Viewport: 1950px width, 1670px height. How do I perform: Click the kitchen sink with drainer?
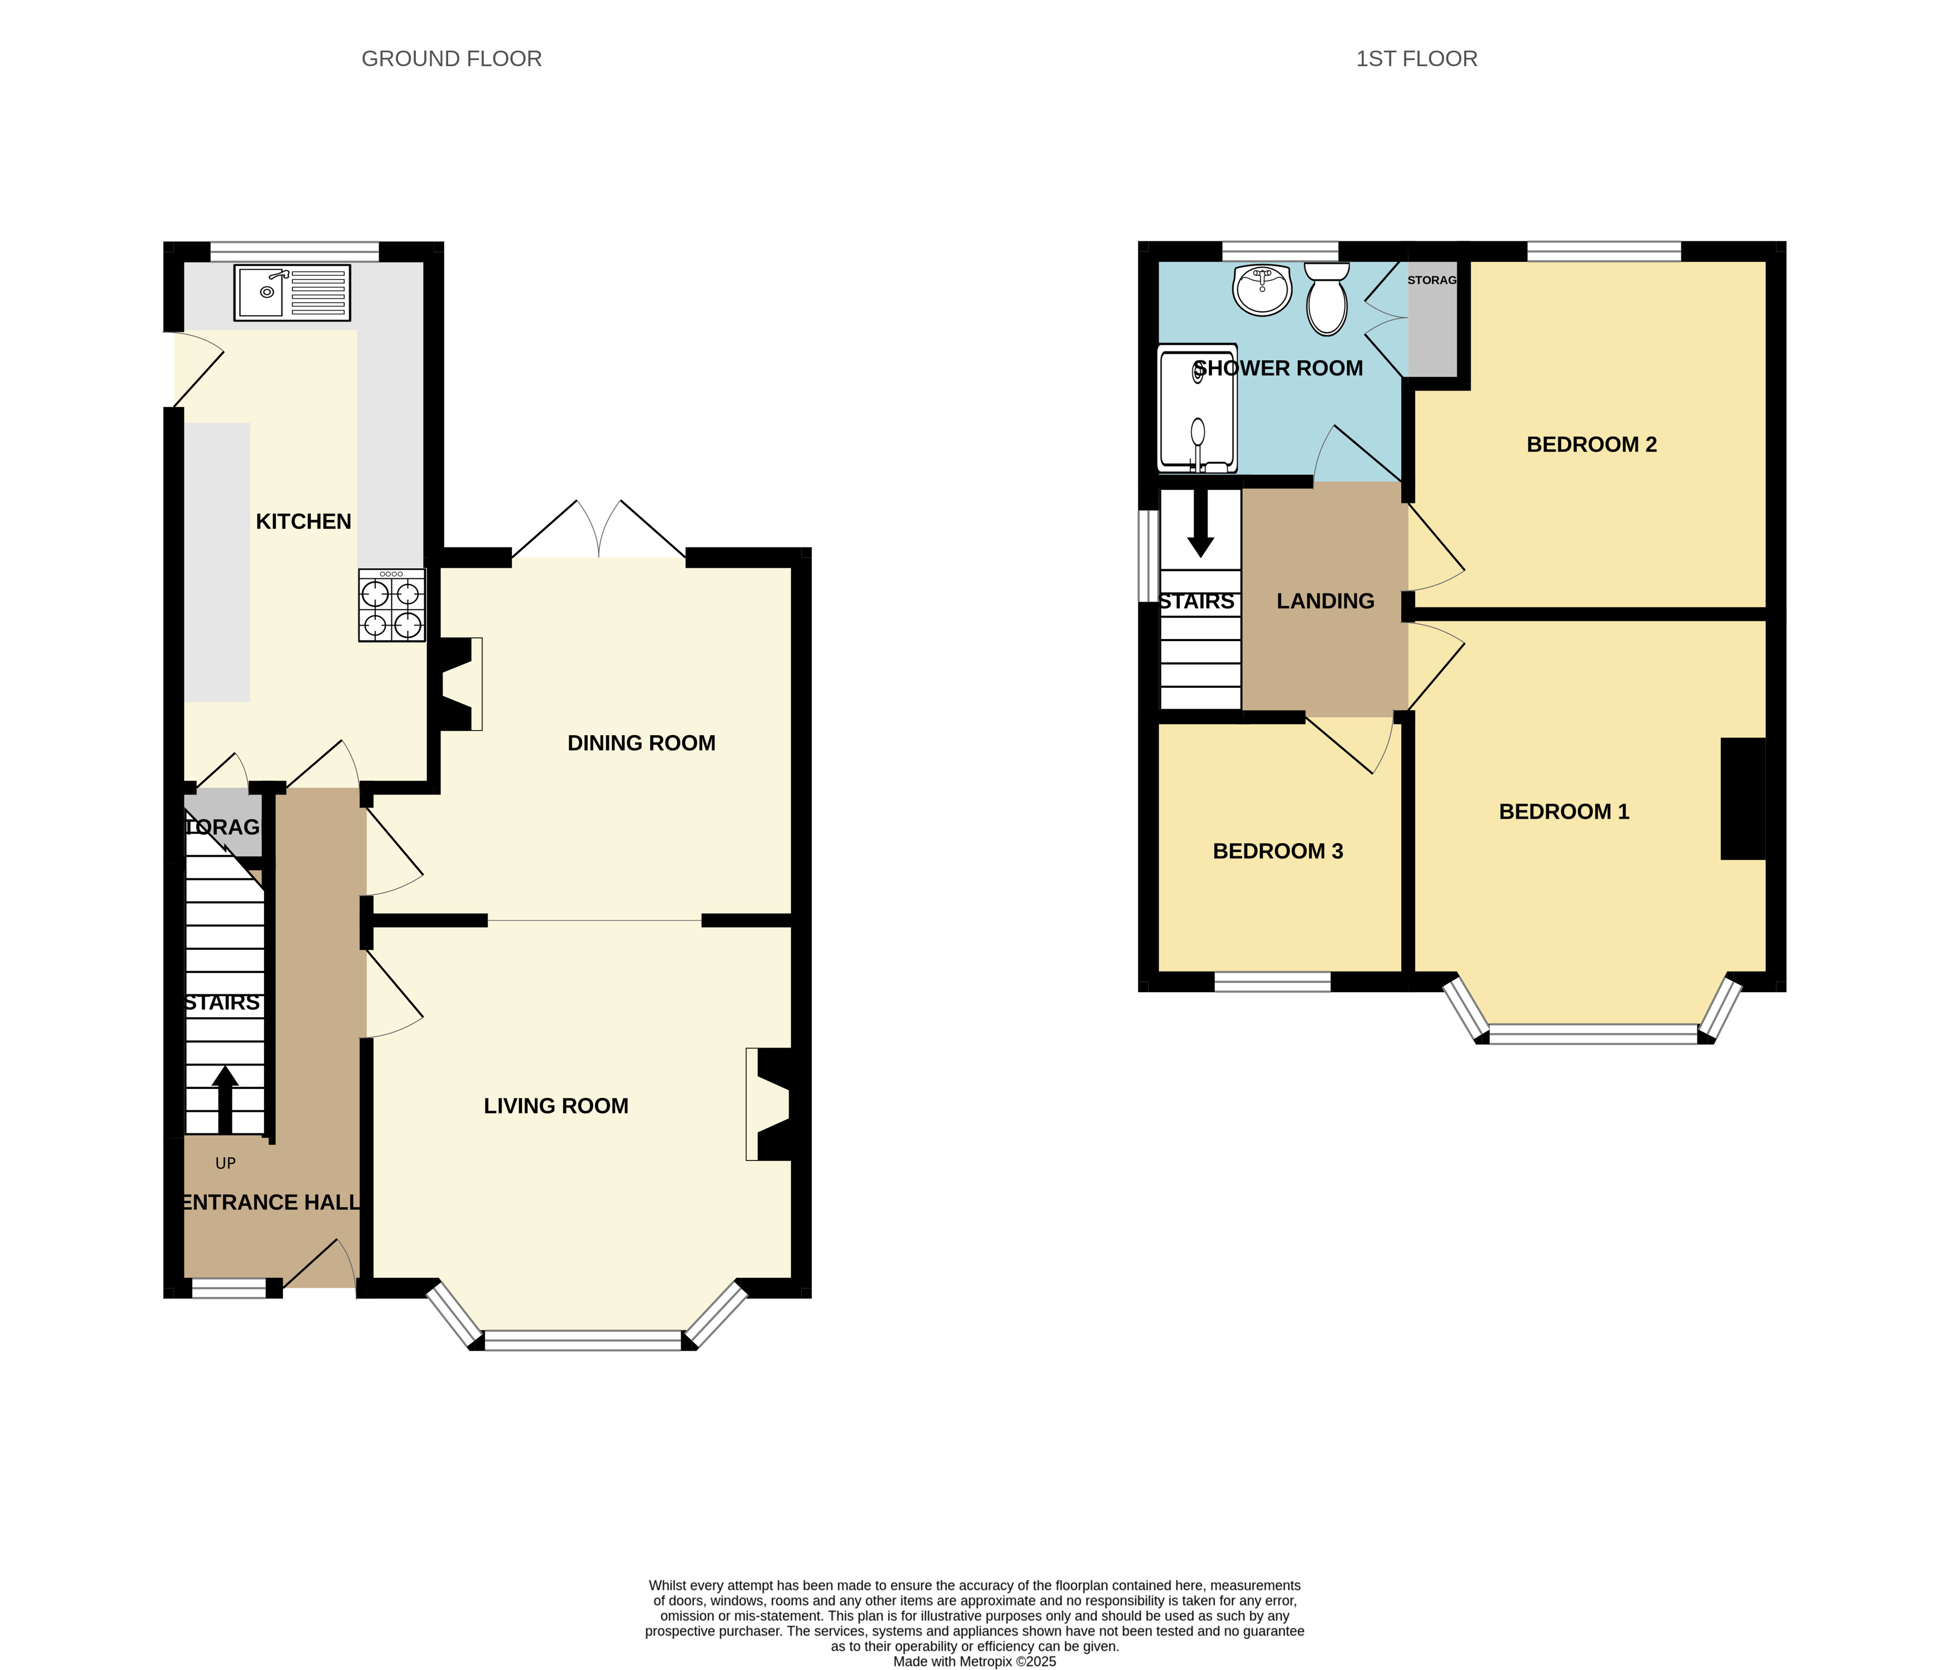pyautogui.click(x=292, y=292)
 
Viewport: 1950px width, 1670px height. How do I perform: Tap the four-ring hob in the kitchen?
pyautogui.click(x=391, y=605)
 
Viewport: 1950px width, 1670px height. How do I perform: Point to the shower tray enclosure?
pyautogui.click(x=1197, y=409)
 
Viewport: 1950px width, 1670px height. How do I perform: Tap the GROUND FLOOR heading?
pyautogui.click(x=451, y=58)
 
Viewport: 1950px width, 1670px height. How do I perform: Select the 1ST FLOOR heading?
pyautogui.click(x=1416, y=58)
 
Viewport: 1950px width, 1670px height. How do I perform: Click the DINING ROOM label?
pyautogui.click(x=641, y=743)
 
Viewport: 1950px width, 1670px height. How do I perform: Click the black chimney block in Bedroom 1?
pyautogui.click(x=1743, y=798)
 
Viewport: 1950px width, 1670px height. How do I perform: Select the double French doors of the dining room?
pyautogui.click(x=598, y=530)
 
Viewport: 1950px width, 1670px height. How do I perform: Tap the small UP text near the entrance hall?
pyautogui.click(x=226, y=1163)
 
